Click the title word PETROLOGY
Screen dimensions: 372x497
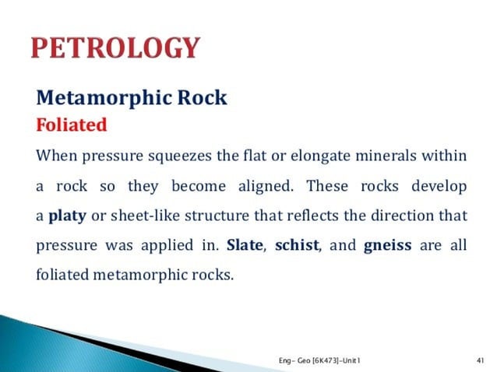coord(115,49)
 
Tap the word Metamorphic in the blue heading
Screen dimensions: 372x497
coord(106,99)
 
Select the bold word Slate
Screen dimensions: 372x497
coord(244,246)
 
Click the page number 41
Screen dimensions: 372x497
coord(480,359)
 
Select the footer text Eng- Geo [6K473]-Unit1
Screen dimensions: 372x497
coord(319,359)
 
